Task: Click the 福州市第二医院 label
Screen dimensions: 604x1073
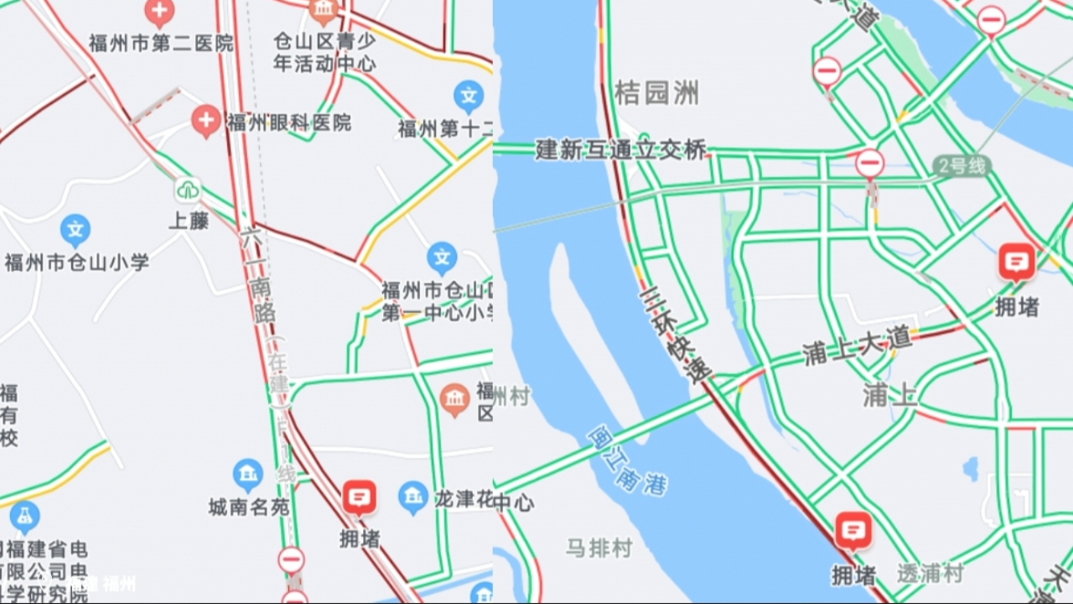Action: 161,44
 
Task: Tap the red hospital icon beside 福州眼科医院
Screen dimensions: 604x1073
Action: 205,122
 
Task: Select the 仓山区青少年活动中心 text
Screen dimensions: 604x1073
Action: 324,52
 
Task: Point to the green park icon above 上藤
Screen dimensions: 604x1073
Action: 188,190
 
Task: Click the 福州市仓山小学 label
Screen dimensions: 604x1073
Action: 76,263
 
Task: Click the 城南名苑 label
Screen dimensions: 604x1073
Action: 249,507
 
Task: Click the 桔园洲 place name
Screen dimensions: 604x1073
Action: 656,93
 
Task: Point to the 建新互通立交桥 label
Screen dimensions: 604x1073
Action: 621,150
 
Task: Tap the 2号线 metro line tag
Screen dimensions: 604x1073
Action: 962,165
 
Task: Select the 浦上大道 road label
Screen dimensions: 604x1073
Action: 856,345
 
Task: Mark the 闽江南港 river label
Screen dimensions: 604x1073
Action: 627,461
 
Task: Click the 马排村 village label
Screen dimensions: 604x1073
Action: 598,549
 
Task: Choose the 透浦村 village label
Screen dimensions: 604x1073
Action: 930,573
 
